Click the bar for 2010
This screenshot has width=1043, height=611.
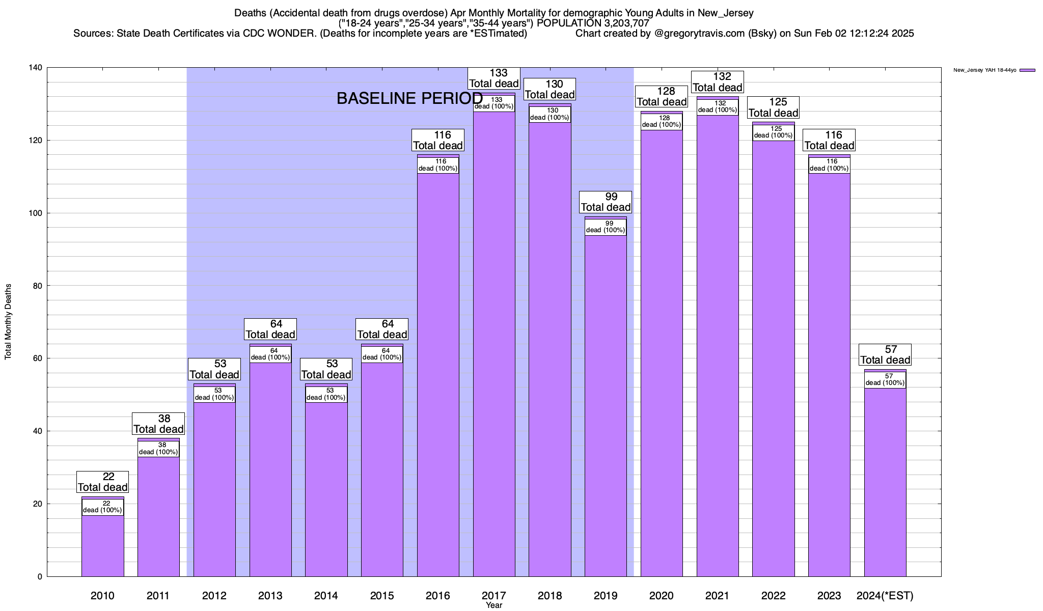102,545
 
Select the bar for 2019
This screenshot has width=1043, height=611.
606,407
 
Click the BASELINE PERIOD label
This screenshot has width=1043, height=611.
409,99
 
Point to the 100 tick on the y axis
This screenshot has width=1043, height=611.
36,213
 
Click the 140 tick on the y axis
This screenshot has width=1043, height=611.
36,68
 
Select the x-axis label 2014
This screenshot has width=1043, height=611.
326,596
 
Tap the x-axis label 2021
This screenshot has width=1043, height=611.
717,596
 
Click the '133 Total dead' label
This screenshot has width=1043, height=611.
494,78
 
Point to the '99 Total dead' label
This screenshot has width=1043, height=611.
606,202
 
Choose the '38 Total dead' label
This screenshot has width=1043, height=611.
158,424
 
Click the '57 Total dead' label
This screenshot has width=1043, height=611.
885,355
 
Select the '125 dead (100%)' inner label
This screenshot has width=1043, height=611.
773,132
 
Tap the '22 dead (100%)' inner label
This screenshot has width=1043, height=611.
102,507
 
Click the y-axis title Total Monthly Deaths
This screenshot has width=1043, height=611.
8,322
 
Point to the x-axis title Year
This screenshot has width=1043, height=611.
494,605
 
